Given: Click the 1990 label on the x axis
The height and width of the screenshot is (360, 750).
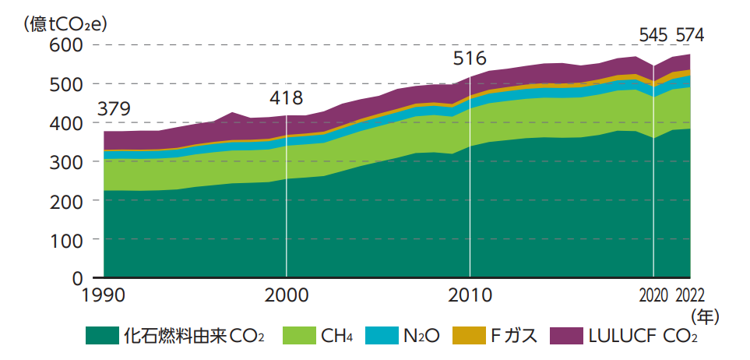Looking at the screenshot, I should [x=104, y=296].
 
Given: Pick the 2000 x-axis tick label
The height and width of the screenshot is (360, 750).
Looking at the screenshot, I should [x=287, y=296].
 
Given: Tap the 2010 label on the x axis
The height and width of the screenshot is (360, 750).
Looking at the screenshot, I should [x=470, y=296].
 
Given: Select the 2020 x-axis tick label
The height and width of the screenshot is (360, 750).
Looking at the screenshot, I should [x=653, y=296].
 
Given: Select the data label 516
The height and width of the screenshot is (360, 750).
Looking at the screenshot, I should [x=470, y=59].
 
